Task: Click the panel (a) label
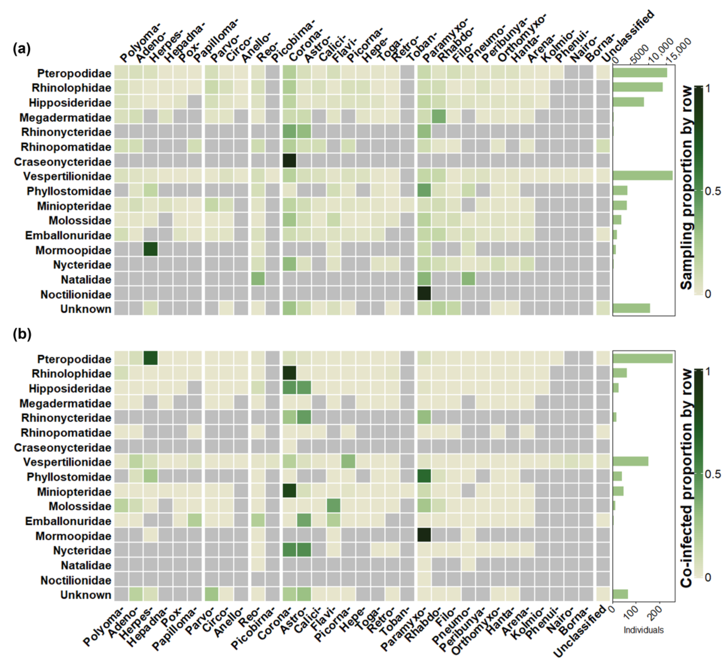pos(22,48)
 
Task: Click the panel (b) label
pos(22,334)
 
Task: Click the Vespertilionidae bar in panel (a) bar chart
pos(642,176)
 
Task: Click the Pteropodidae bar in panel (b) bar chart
pos(642,358)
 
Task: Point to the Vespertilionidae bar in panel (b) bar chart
pos(630,462)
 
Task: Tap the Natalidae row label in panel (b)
pos(86,565)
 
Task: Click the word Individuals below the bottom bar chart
pos(643,630)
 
